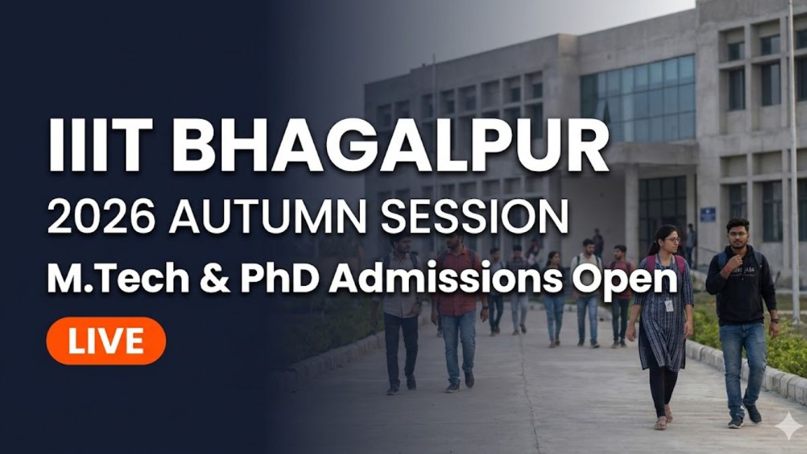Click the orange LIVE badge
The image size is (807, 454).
click(106, 340)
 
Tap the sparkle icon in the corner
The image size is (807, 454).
click(787, 426)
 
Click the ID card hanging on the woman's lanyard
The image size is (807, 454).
click(669, 306)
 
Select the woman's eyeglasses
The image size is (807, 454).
click(672, 240)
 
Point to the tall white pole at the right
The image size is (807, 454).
click(794, 162)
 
